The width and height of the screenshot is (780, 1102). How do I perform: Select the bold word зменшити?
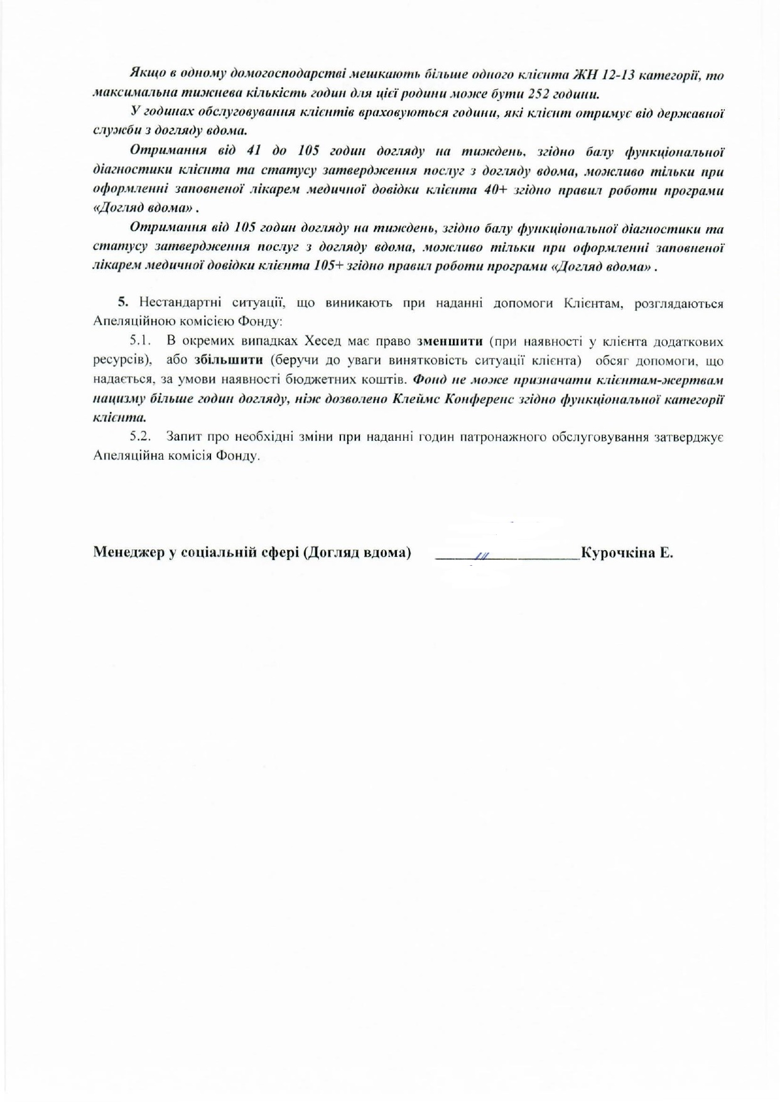tap(450, 342)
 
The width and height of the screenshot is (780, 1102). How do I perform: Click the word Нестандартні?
tap(183, 304)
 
